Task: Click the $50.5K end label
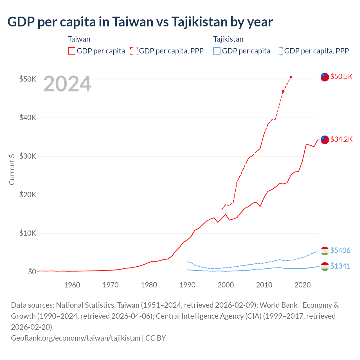pyautogui.click(x=341, y=76)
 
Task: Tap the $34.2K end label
pyautogui.click(x=341, y=139)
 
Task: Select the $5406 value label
pyautogui.click(x=340, y=250)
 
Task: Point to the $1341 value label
pyautogui.click(x=340, y=266)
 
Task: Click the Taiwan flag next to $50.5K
pyautogui.click(x=325, y=77)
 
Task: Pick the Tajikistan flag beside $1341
pyautogui.click(x=325, y=266)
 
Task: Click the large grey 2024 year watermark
pyautogui.click(x=67, y=84)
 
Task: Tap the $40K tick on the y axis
pyautogui.click(x=28, y=118)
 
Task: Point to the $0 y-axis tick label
pyautogui.click(x=32, y=272)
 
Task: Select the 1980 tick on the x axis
pyautogui.click(x=149, y=285)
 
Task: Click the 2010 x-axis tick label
pyautogui.click(x=264, y=285)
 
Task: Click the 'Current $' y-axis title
pyautogui.click(x=12, y=169)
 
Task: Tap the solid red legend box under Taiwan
pyautogui.click(x=72, y=51)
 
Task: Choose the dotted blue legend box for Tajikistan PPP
pyautogui.click(x=279, y=51)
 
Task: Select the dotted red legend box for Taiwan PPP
pyautogui.click(x=134, y=51)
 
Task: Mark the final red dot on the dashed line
pyautogui.click(x=291, y=77)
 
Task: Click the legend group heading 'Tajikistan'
pyautogui.click(x=228, y=39)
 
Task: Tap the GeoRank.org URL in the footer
pyautogui.click(x=75, y=338)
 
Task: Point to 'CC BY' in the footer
pyautogui.click(x=156, y=338)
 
